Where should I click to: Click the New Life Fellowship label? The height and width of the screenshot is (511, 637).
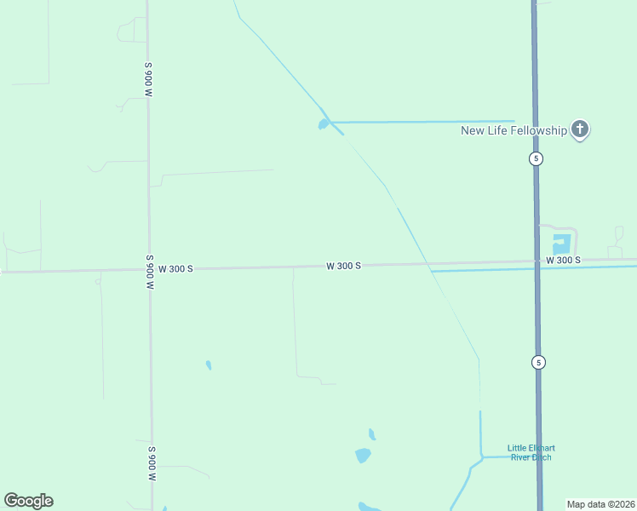click(514, 130)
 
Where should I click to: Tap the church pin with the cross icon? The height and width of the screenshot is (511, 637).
click(580, 129)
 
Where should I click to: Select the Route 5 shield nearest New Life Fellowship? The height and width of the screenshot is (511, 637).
click(535, 158)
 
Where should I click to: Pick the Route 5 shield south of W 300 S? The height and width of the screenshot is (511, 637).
click(538, 362)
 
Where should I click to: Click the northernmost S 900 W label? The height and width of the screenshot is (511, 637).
click(148, 79)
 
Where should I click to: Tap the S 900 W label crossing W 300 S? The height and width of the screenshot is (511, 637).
click(149, 273)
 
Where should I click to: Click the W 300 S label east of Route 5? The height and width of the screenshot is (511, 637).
click(563, 260)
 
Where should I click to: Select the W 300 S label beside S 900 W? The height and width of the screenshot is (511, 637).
click(176, 268)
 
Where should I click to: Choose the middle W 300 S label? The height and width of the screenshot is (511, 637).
click(343, 266)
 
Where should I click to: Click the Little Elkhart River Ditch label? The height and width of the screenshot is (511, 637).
click(530, 452)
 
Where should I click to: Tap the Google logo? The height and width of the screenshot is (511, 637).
click(28, 501)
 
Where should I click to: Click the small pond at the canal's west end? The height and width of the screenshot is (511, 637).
click(324, 125)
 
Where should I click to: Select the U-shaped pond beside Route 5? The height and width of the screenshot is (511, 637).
click(561, 244)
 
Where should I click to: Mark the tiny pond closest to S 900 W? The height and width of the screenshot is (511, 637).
click(208, 365)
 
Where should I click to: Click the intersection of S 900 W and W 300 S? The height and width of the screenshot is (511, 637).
click(150, 270)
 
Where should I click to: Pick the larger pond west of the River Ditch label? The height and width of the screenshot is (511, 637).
click(364, 455)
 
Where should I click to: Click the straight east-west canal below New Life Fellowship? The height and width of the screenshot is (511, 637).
click(426, 122)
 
